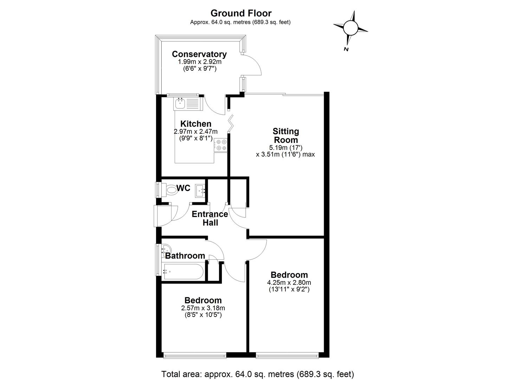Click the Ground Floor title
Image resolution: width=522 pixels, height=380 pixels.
(x=241, y=13)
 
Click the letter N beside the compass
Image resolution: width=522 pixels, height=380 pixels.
(x=346, y=49)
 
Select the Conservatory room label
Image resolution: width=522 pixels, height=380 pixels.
(x=199, y=54)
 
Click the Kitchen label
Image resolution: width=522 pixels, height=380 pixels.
(x=196, y=124)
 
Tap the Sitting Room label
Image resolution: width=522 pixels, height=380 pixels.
(x=285, y=135)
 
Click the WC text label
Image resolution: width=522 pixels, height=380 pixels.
(x=183, y=188)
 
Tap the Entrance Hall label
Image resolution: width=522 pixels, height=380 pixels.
(x=210, y=218)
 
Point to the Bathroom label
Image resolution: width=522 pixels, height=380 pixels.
(x=185, y=256)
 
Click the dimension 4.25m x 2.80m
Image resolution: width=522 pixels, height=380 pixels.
(x=289, y=283)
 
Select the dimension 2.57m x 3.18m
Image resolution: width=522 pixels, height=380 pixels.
(x=203, y=308)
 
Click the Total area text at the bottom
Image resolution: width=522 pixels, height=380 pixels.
(x=257, y=374)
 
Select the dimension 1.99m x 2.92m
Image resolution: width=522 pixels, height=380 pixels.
(x=199, y=62)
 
